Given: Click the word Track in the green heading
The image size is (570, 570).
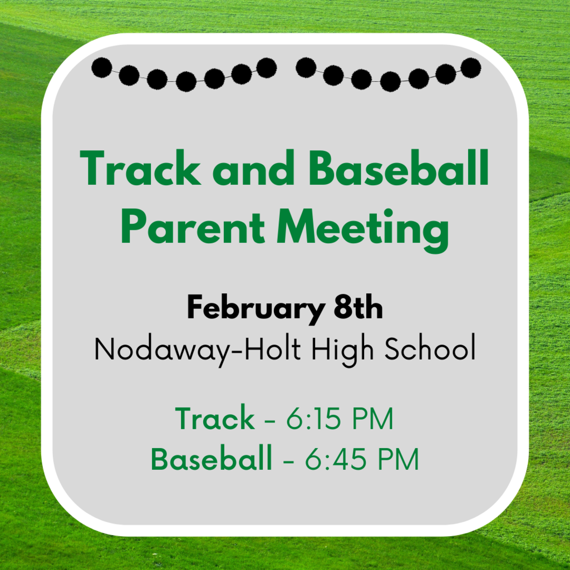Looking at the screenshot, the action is pos(140,168).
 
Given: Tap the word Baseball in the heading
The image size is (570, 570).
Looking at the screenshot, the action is pos(399,168).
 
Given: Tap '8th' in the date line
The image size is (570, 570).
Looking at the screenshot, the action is pos(358,307).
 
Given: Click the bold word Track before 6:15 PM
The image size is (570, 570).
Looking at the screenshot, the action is pos(215,418).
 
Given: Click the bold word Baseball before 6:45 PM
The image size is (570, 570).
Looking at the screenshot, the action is pos(212,459).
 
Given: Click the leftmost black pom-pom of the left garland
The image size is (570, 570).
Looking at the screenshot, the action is pos(102,67).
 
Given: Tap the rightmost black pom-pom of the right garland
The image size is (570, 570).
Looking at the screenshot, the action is pos(471,68).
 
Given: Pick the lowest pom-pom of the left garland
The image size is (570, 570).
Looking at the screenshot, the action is pos(186,81).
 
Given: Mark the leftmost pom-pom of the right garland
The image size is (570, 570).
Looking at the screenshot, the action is pos(306,67).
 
